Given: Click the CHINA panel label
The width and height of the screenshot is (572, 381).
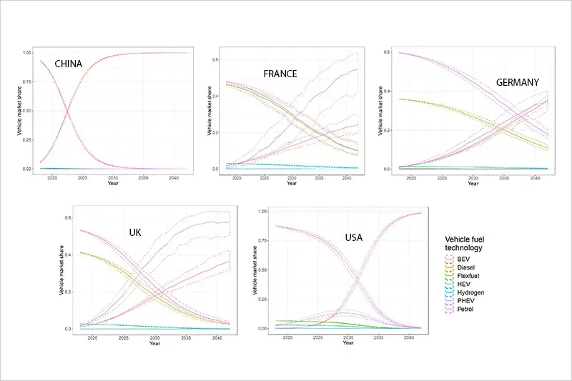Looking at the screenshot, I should pyautogui.click(x=69, y=64).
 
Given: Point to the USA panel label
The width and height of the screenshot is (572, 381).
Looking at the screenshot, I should pyautogui.click(x=359, y=237).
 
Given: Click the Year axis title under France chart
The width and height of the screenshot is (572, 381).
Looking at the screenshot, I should pyautogui.click(x=291, y=184).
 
